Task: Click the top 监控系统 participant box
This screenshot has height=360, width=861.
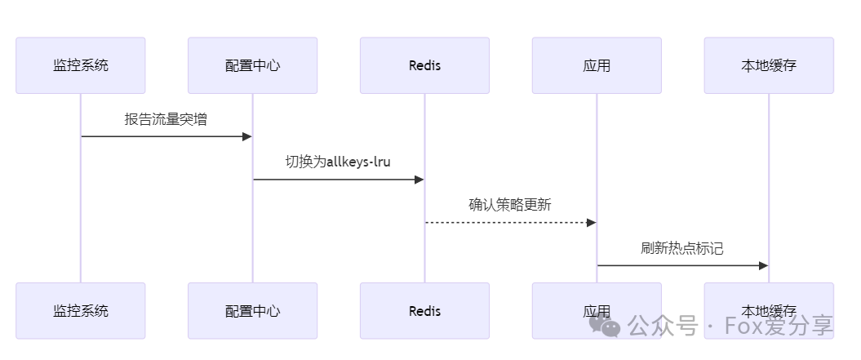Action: (81, 65)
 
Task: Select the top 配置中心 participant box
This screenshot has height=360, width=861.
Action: (252, 65)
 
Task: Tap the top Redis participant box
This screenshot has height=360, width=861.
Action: (424, 65)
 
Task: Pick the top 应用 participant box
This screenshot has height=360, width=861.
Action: (597, 65)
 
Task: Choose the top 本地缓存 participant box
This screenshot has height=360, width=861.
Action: (769, 65)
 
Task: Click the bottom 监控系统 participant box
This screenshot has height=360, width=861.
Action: (81, 311)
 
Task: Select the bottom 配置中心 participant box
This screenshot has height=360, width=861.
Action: (252, 311)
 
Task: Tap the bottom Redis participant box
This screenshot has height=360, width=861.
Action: (424, 311)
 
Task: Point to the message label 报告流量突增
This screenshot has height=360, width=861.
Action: (166, 119)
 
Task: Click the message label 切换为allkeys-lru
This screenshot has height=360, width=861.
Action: (338, 162)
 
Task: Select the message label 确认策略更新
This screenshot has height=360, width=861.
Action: (510, 205)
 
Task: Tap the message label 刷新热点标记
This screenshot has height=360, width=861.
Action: (682, 248)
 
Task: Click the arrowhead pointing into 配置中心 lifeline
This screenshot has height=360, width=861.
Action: (247, 136)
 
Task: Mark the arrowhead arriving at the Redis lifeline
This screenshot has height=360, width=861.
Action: (419, 180)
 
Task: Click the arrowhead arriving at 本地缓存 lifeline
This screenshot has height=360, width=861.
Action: (764, 265)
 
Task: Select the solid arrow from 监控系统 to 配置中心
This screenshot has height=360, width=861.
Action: (163, 136)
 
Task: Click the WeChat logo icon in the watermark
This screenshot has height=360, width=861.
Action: (610, 327)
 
